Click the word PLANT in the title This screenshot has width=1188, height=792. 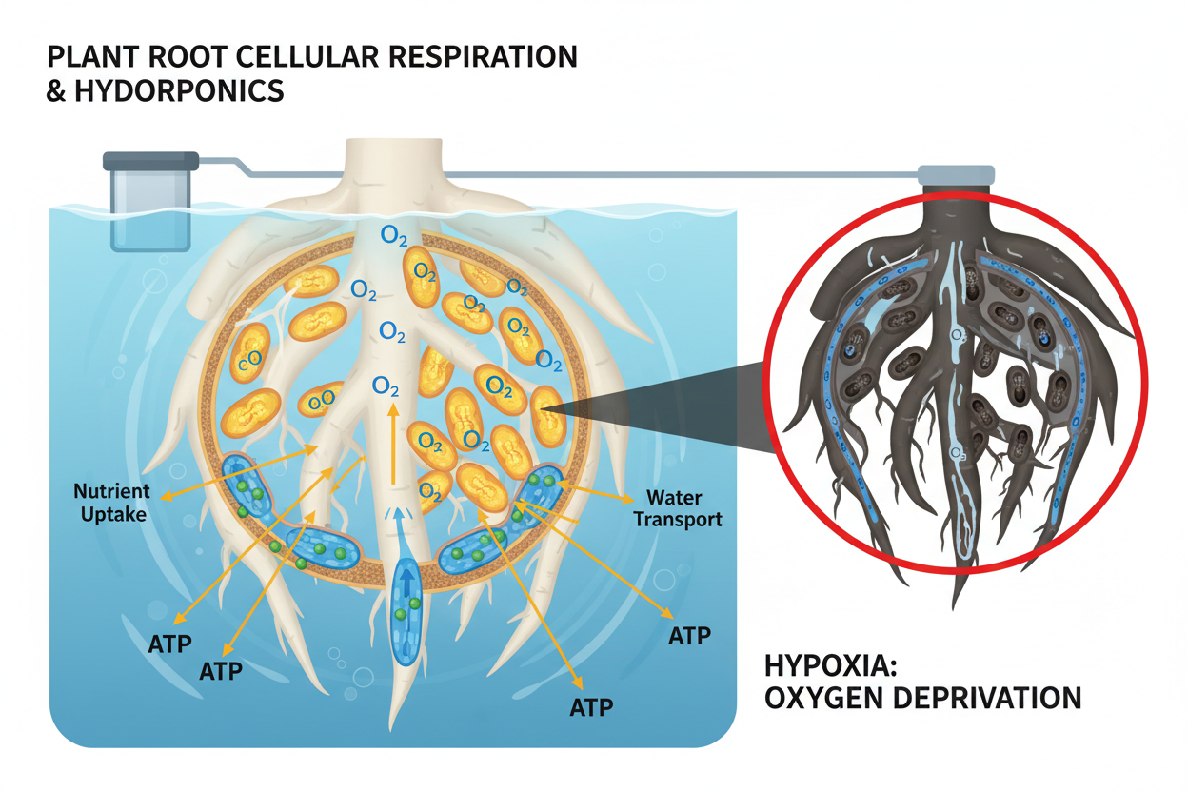pyautogui.click(x=88, y=56)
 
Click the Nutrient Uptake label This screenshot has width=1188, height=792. pyautogui.click(x=111, y=502)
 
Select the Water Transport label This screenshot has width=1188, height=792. pyautogui.click(x=683, y=508)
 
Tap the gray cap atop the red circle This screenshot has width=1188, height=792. pyautogui.click(x=956, y=174)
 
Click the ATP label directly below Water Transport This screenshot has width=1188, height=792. pyautogui.click(x=690, y=636)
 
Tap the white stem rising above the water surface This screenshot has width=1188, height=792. pyautogui.click(x=391, y=169)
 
